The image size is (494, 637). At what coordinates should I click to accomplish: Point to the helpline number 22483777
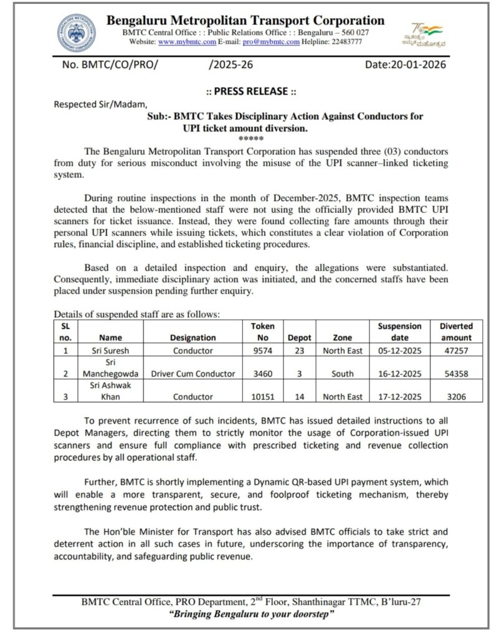click(343, 42)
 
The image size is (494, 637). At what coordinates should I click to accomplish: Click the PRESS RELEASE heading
click(250, 91)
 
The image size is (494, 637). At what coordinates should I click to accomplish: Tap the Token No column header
click(258, 332)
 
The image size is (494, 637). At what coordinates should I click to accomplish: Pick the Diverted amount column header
click(456, 332)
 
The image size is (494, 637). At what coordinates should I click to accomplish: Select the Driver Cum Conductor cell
click(192, 374)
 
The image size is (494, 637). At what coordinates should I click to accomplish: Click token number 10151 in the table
click(258, 398)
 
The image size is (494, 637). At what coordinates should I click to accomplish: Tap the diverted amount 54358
click(456, 374)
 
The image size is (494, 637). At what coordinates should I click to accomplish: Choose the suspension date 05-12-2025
click(399, 351)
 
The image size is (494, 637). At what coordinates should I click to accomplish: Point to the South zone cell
click(343, 374)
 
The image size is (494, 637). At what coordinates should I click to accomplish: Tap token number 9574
click(258, 351)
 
